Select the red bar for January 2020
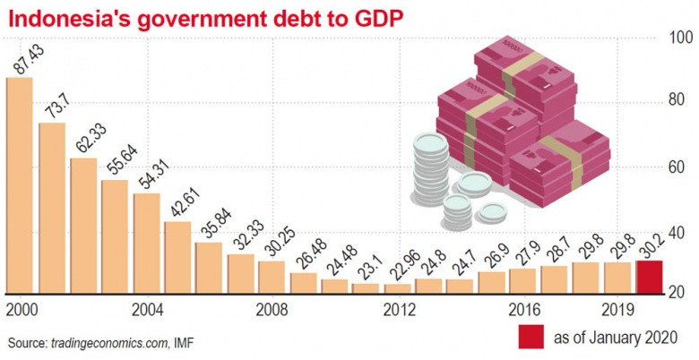point(649,276)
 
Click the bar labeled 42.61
point(177,256)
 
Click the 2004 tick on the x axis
point(146,310)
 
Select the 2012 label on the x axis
point(399,310)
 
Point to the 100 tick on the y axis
point(679,39)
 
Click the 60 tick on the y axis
point(679,166)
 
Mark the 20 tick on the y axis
point(679,293)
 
